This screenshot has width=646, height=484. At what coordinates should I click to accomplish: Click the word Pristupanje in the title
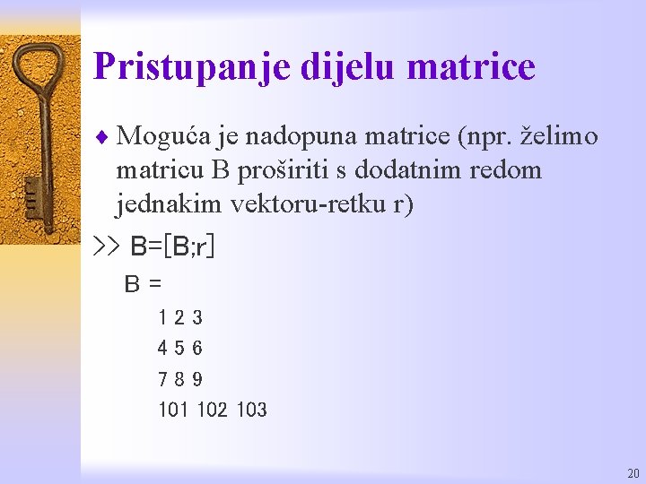point(170,67)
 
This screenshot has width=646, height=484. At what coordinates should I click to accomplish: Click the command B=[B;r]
point(172,246)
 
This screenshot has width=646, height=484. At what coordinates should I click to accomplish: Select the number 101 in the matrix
point(172,411)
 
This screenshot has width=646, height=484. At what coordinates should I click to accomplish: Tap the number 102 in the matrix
point(212,411)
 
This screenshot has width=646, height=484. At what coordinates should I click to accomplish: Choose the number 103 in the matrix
point(252,411)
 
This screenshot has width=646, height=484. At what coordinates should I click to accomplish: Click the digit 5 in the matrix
point(180,348)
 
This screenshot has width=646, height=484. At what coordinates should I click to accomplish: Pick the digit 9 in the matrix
point(197,379)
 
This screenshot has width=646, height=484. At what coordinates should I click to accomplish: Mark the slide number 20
point(633,473)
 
